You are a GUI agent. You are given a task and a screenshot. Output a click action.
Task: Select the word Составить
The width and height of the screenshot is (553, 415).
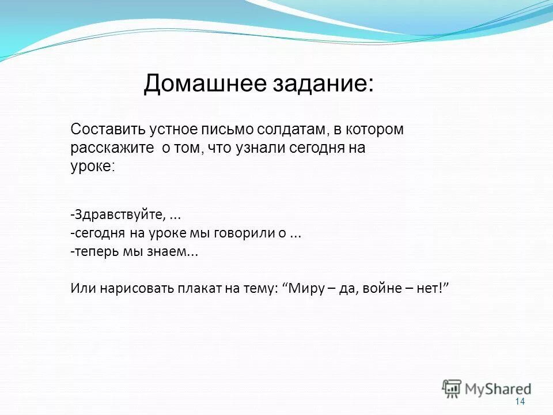(104, 130)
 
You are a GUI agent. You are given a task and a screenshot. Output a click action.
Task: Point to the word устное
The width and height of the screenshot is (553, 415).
(168, 130)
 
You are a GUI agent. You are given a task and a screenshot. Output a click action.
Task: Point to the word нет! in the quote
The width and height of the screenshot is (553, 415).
(431, 288)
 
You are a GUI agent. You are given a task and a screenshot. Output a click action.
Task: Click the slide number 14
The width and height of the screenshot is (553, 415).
(520, 402)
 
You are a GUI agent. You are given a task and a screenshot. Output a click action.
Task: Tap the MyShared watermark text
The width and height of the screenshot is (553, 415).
(498, 388)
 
